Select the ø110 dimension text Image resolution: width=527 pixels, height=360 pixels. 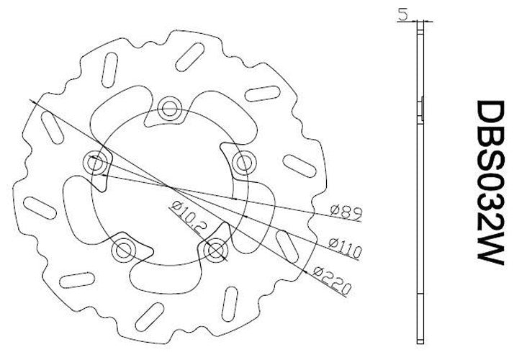[x=344, y=246]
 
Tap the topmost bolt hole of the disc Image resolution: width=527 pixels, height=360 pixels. [x=170, y=109]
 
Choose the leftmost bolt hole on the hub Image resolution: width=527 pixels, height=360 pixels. [x=95, y=162]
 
